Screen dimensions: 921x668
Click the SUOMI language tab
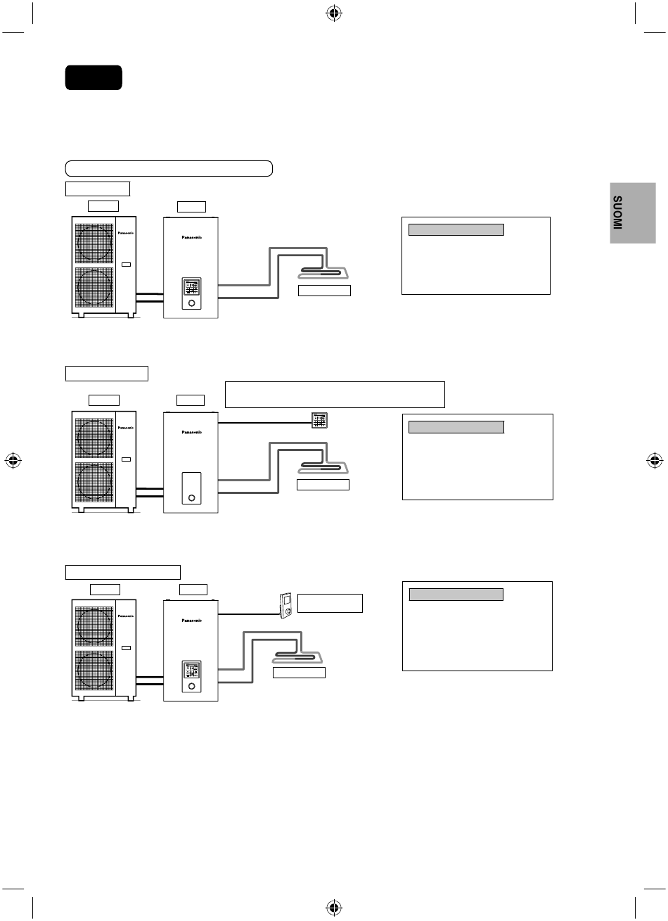click(x=633, y=213)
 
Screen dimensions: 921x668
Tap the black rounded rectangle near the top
click(x=94, y=77)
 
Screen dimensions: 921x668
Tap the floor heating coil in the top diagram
click(x=321, y=272)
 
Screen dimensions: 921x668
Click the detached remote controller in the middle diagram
click(x=321, y=421)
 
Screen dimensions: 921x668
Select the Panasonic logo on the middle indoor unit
click(x=192, y=432)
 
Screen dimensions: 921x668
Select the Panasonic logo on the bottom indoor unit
click(x=192, y=620)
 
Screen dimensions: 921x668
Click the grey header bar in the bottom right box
click(x=456, y=595)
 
